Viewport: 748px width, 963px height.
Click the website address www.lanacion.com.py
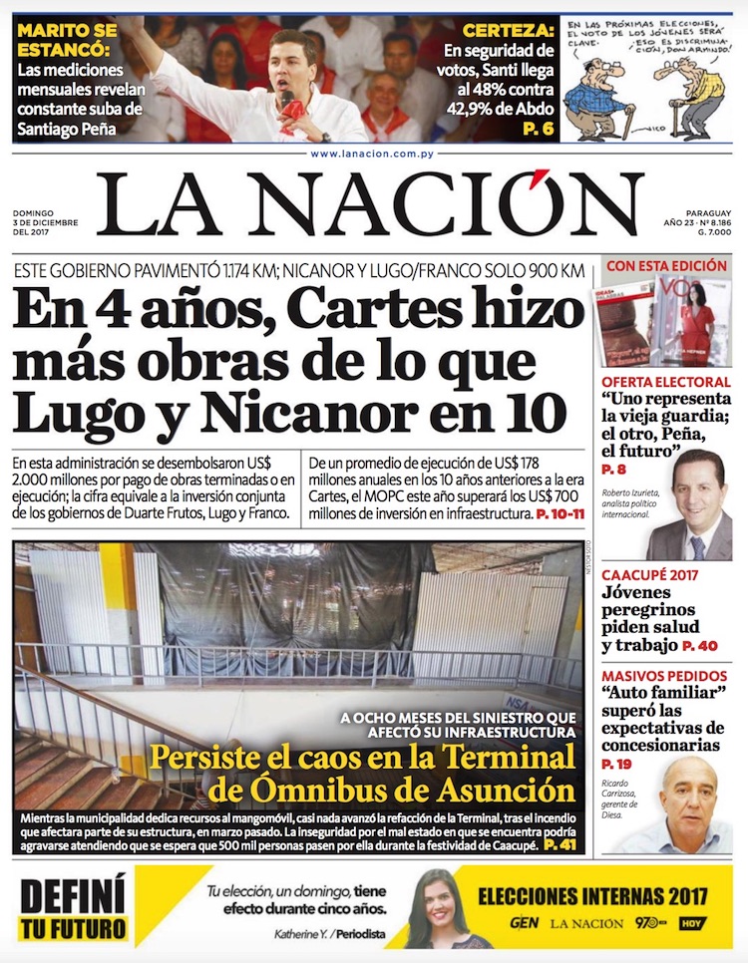click(373, 154)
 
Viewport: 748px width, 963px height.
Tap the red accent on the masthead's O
click(542, 182)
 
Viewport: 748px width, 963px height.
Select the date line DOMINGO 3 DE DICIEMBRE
click(46, 222)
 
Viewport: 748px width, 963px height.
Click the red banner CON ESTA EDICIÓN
click(667, 266)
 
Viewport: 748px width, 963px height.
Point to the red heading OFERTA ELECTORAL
click(665, 382)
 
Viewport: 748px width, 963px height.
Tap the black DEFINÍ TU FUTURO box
click(74, 909)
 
